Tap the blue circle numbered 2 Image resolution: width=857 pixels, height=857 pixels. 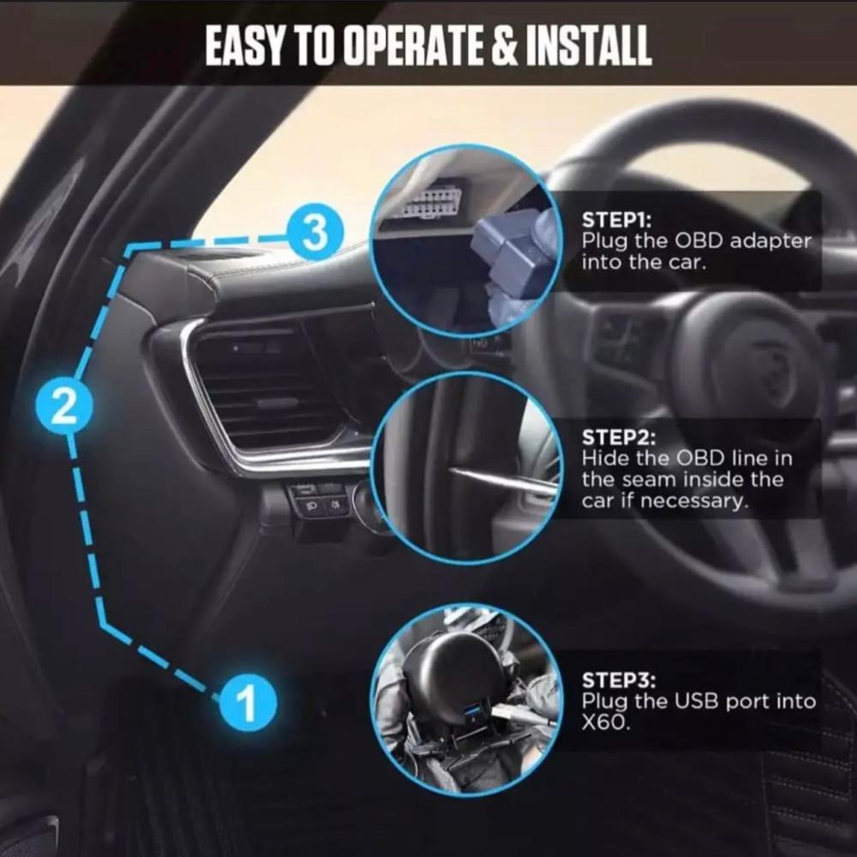tap(64, 406)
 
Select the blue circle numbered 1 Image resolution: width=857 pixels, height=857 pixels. tap(249, 703)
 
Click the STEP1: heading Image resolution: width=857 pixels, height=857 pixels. tap(616, 220)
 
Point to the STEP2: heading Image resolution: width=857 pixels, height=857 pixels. tap(618, 437)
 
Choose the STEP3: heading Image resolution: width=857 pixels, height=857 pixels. tap(619, 680)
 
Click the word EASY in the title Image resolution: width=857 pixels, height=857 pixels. tap(245, 45)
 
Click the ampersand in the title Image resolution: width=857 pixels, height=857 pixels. tap(506, 45)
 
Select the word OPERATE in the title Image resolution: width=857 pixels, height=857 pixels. tap(417, 45)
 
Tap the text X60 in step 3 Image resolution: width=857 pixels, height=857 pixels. tap(606, 722)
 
